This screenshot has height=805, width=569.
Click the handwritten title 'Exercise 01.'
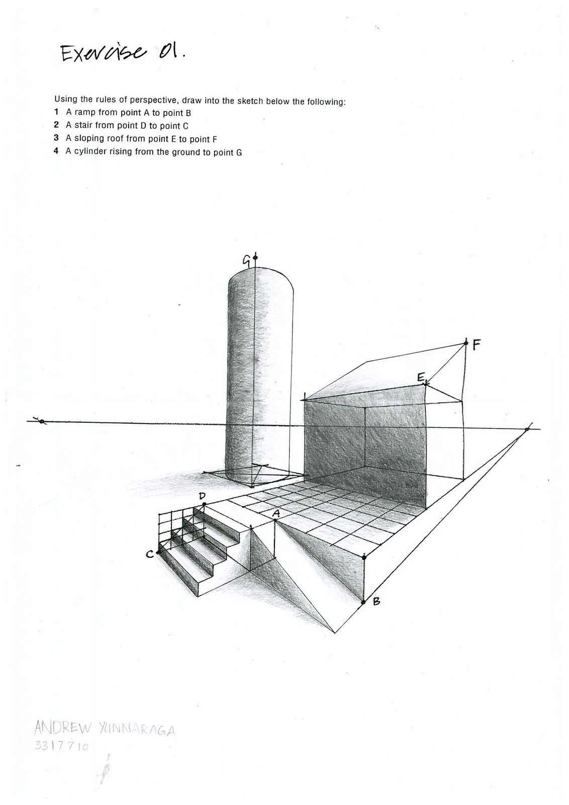(122, 52)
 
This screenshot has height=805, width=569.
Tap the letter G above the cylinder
(247, 260)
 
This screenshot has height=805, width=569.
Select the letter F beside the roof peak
(477, 345)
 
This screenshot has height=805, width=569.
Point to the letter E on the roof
(421, 377)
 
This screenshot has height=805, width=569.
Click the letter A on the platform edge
(275, 513)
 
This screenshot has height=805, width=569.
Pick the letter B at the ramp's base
(376, 600)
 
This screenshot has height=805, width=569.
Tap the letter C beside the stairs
(149, 554)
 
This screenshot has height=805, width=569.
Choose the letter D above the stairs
(203, 496)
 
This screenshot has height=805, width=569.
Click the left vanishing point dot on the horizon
(42, 421)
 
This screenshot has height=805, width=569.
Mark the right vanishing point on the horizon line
(527, 429)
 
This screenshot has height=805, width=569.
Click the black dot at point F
(466, 343)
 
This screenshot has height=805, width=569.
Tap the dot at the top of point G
(255, 258)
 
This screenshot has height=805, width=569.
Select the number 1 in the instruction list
(57, 113)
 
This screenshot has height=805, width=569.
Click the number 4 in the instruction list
(57, 151)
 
